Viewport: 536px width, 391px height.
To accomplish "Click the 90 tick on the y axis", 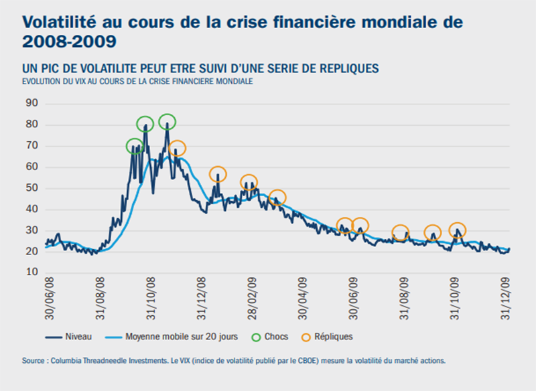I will pyautogui.click(x=31, y=103).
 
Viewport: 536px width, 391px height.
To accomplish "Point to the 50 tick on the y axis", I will pyautogui.click(x=31, y=188).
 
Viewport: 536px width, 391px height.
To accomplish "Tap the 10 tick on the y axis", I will pyautogui.click(x=31, y=272).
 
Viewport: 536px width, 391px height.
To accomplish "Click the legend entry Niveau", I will pyautogui.click(x=79, y=336).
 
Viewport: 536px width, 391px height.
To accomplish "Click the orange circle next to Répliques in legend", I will pyautogui.click(x=306, y=336).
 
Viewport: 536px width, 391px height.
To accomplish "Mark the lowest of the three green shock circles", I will pyautogui.click(x=135, y=146).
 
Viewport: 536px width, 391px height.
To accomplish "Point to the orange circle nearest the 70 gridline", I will pyautogui.click(x=177, y=149).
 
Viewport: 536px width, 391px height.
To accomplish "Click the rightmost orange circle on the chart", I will pyautogui.click(x=458, y=230).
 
